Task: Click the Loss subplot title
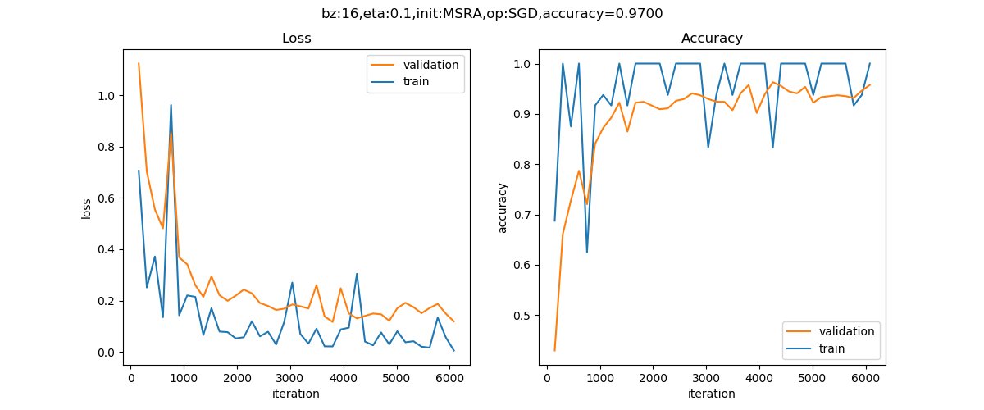point(296,39)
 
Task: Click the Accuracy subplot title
point(712,39)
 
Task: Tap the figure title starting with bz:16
point(492,13)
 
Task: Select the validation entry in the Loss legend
point(430,65)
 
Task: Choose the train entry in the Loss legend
point(416,81)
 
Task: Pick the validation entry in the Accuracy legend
point(845,331)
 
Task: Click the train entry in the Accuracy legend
point(831,348)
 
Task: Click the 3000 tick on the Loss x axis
point(289,378)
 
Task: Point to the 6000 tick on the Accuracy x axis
point(865,378)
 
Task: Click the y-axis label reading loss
point(87,207)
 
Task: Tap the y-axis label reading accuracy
point(503,207)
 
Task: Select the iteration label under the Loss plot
point(296,394)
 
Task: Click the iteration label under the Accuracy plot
point(712,394)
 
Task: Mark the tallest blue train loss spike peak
point(171,105)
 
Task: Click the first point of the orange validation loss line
point(139,63)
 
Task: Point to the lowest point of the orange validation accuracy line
point(554,351)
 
